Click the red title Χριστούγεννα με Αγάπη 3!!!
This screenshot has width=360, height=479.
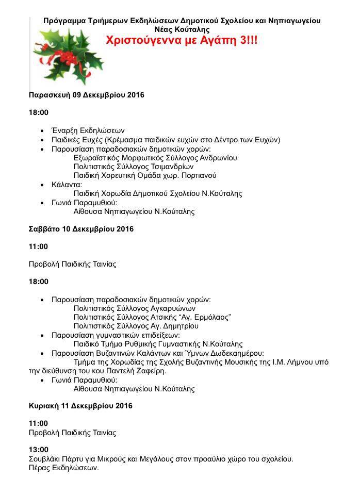(x=182, y=41)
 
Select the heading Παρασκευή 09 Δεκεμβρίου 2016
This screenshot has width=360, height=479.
(x=86, y=95)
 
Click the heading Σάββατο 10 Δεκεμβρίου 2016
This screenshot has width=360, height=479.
(x=81, y=229)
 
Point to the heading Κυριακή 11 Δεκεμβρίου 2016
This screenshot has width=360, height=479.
(x=80, y=406)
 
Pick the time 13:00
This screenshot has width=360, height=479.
(x=39, y=450)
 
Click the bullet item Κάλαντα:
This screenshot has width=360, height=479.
(x=67, y=185)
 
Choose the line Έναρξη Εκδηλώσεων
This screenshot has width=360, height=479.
(x=88, y=131)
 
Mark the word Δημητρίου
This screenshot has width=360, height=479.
(x=180, y=326)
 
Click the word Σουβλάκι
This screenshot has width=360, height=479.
(x=44, y=459)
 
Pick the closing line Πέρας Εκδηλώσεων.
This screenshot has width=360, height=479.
(x=63, y=468)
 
